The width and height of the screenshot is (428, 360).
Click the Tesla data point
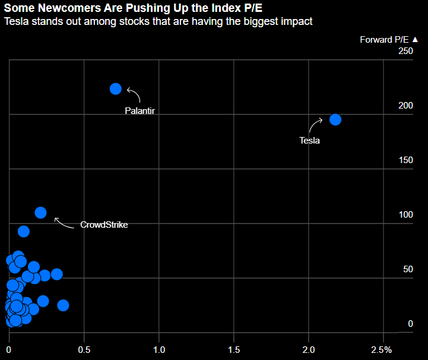tap(335, 119)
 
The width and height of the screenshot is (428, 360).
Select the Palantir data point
tap(116, 89)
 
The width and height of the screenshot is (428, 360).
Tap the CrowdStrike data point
tap(40, 212)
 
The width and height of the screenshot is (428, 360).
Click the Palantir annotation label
tap(140, 110)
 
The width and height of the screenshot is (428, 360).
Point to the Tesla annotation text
tap(309, 141)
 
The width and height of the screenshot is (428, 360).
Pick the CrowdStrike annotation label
tap(104, 225)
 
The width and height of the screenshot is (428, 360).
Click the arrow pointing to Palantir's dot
tap(134, 95)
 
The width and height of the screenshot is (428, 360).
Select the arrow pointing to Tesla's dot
tap(315, 125)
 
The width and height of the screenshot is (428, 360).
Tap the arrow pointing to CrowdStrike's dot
tap(62, 222)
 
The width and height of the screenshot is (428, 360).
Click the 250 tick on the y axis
tap(405, 52)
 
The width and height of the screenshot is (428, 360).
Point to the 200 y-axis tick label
tap(405, 106)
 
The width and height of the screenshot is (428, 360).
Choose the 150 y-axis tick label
tap(405, 160)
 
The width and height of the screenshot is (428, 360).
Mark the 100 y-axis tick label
tap(405, 215)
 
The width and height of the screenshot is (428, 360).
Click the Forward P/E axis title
tap(385, 40)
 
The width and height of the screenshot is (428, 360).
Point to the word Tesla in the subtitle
tap(17, 22)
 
